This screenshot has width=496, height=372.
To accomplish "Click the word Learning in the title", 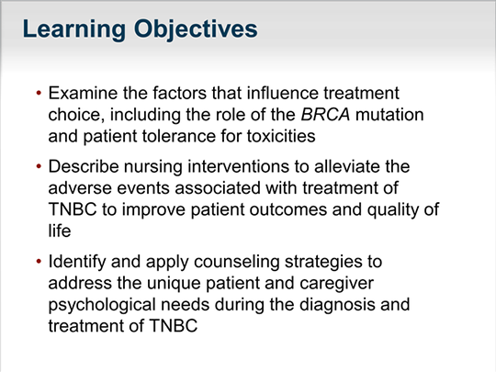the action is click(74, 30).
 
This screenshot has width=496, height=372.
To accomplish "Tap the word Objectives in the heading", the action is click(196, 30).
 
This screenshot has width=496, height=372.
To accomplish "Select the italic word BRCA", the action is click(325, 115).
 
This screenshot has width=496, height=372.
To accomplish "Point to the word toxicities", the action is click(281, 136).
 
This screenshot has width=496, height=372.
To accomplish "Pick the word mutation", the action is click(389, 115).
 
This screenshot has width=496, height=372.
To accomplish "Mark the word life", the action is click(60, 231).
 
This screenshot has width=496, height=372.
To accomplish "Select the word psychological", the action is click(102, 306).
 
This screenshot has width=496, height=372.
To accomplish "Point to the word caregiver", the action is click(336, 284).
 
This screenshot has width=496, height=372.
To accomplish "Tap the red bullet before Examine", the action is click(39, 93).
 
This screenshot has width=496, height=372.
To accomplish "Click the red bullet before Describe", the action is click(39, 166).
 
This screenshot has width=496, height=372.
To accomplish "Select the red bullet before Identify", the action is click(39, 262).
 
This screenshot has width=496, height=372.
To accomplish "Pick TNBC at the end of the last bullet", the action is click(173, 326).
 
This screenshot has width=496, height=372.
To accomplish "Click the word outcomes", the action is click(287, 209).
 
